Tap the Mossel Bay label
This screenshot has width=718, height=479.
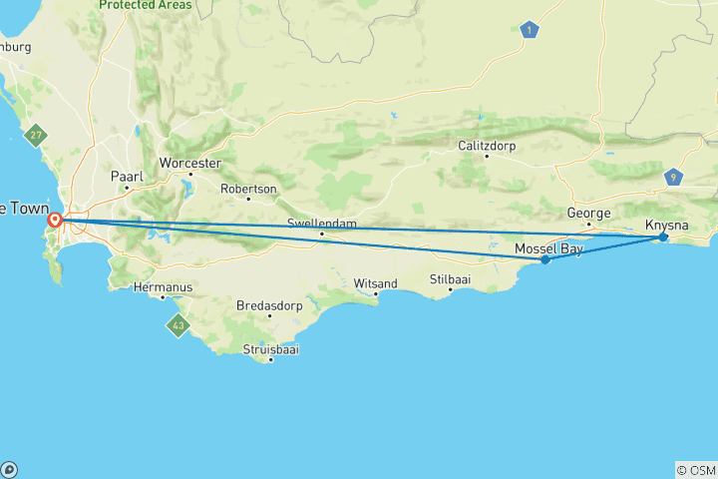click(548, 247)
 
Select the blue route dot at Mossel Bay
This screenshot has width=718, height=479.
click(545, 259)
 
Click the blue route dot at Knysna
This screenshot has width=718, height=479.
click(663, 237)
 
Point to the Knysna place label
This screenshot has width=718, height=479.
click(666, 225)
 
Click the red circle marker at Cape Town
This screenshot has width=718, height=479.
click(57, 220)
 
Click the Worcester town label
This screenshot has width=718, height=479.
click(189, 163)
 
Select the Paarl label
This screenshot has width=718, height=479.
click(128, 177)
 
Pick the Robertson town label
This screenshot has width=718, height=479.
click(248, 188)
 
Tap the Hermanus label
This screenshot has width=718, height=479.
click(162, 286)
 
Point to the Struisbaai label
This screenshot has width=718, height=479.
click(271, 349)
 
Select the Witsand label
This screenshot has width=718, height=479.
click(375, 283)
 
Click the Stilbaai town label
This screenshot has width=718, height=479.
click(450, 279)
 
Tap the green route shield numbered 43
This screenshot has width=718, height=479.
click(178, 325)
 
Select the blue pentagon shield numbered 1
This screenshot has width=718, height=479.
click(529, 30)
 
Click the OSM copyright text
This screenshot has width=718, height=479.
click(695, 470)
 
